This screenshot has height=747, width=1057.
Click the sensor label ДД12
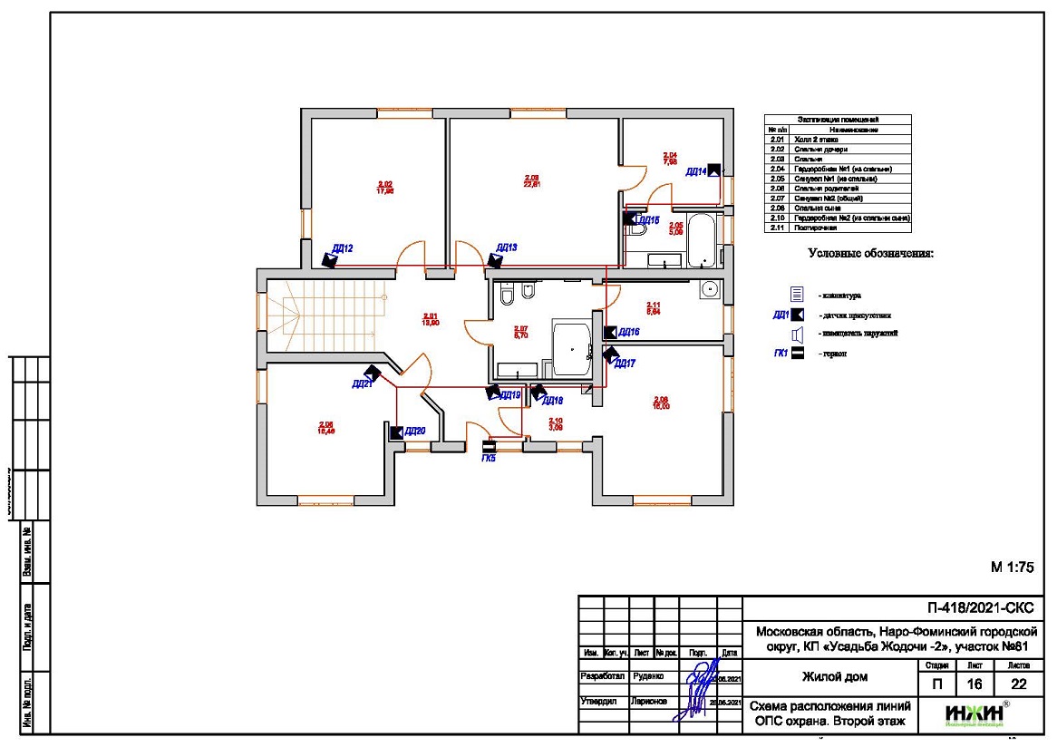pyautogui.click(x=342, y=248)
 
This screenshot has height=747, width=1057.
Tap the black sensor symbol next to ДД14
pyautogui.click(x=714, y=169)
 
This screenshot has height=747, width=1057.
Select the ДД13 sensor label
pyautogui.click(x=507, y=247)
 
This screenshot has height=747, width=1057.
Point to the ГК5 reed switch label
pyautogui.click(x=489, y=460)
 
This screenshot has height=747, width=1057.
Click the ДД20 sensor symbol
pyautogui.click(x=396, y=432)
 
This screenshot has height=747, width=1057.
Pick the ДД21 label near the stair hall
pyautogui.click(x=362, y=384)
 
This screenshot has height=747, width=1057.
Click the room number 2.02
pyautogui.click(x=385, y=184)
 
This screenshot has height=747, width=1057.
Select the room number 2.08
pyautogui.click(x=661, y=400)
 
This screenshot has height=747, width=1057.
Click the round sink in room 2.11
pyautogui.click(x=712, y=290)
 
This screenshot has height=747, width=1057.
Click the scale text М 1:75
pyautogui.click(x=1013, y=568)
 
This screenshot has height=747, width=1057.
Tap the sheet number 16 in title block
pyautogui.click(x=974, y=685)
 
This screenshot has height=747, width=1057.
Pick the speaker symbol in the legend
pyautogui.click(x=797, y=335)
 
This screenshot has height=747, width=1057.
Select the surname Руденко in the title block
pyautogui.click(x=649, y=676)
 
